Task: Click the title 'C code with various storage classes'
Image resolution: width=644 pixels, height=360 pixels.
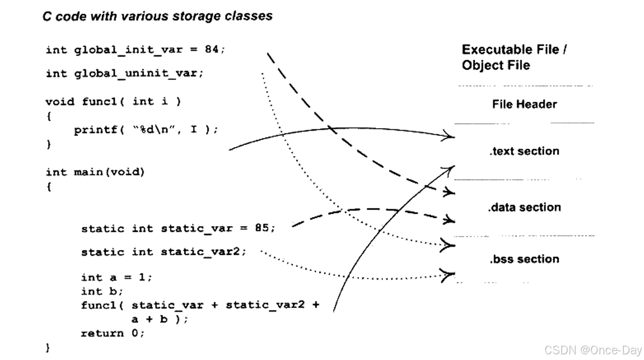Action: [157, 16]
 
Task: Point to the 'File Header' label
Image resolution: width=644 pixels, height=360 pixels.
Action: [524, 104]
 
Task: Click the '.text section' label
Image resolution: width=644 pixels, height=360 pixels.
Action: [524, 151]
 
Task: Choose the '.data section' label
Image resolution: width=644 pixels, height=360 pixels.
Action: [524, 207]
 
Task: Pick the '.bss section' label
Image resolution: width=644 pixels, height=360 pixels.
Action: [524, 259]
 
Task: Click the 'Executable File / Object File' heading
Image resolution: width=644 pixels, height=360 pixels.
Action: [514, 57]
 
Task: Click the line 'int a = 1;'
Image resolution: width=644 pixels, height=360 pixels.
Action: [117, 277]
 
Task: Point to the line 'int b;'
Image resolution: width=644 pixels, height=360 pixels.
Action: [102, 291]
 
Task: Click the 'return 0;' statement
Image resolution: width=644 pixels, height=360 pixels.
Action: [113, 333]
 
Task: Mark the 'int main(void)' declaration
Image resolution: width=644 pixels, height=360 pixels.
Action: [95, 172]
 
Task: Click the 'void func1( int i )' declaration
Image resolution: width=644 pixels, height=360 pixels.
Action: [113, 101]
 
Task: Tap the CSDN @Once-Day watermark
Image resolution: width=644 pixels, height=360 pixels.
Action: [593, 350]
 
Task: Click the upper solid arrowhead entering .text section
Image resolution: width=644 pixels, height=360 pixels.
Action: [449, 137]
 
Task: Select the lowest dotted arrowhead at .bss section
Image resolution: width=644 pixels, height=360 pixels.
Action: [448, 274]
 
